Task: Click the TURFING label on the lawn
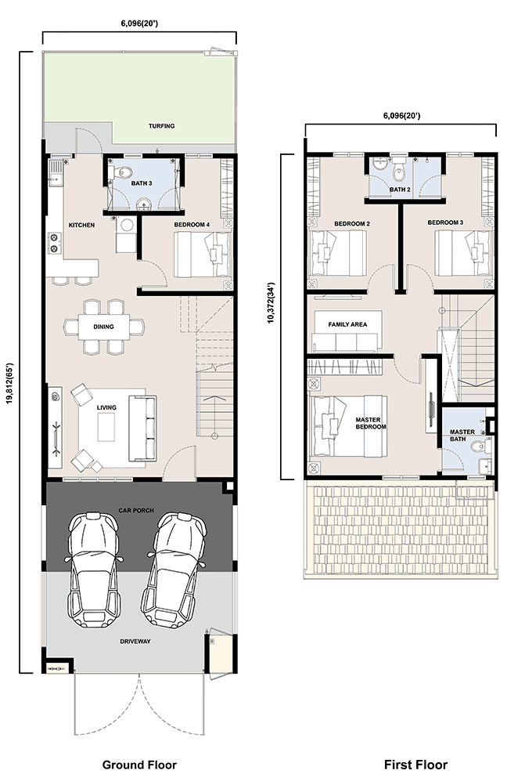click(162, 126)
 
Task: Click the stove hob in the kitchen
click(54, 243)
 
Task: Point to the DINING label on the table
click(103, 326)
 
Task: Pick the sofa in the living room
click(142, 428)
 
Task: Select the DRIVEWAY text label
click(135, 642)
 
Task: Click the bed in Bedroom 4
click(203, 255)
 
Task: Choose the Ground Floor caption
click(139, 765)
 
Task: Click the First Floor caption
click(415, 765)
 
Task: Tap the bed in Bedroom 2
click(338, 253)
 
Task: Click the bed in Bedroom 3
click(463, 253)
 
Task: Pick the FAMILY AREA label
click(347, 324)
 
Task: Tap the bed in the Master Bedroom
click(347, 425)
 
